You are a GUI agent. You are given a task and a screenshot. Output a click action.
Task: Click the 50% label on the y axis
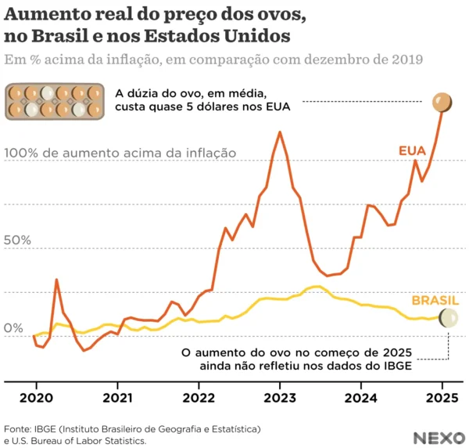click(20, 240)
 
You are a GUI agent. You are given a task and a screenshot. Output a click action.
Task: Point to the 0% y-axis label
click(15, 327)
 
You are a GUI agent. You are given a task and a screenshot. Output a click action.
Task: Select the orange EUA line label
click(413, 149)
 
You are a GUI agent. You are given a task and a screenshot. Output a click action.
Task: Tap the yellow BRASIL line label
click(435, 301)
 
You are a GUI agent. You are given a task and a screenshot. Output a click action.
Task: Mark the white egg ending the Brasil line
click(449, 317)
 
